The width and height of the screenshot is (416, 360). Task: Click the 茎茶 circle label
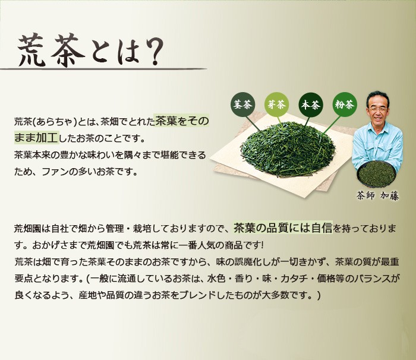pyautogui.click(x=242, y=105)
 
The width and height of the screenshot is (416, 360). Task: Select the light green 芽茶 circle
pyautogui.click(x=276, y=105)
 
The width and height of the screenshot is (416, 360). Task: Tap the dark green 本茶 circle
pyautogui.click(x=310, y=105)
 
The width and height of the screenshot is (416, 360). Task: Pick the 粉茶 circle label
pyautogui.click(x=344, y=105)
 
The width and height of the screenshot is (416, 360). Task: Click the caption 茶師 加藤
pyautogui.click(x=378, y=195)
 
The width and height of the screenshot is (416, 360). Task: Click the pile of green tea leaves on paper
pyautogui.click(x=286, y=149)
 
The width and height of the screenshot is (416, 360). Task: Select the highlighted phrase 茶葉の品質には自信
pyautogui.click(x=283, y=228)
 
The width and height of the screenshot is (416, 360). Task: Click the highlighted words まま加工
pyautogui.click(x=36, y=137)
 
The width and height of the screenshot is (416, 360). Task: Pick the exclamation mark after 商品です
pyautogui.click(x=263, y=245)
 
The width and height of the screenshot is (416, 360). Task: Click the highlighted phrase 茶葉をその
pyautogui.click(x=182, y=121)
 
